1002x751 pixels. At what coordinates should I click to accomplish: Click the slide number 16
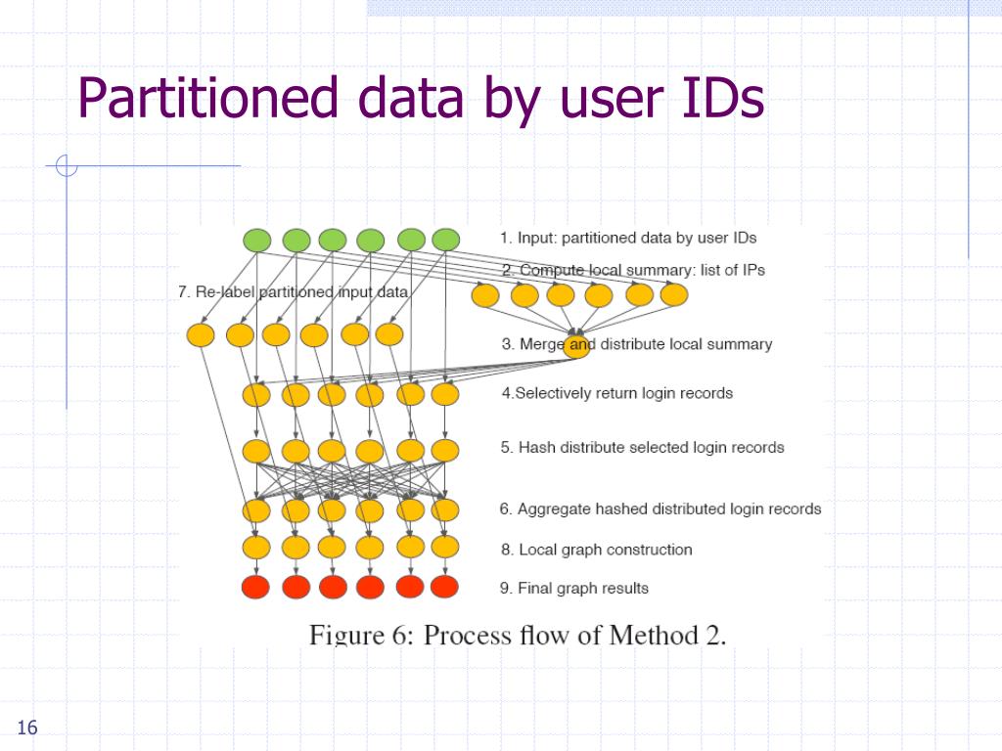(x=26, y=728)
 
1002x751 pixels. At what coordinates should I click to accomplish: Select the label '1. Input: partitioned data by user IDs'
(x=628, y=238)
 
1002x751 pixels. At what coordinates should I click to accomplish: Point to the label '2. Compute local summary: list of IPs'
(x=633, y=270)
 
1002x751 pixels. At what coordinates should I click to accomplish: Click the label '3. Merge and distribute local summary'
(x=637, y=344)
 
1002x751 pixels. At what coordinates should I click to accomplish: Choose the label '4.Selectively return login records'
(x=617, y=393)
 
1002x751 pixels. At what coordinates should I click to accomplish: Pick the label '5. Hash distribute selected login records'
(x=643, y=447)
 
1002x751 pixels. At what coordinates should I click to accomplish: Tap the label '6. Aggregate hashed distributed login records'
(x=660, y=508)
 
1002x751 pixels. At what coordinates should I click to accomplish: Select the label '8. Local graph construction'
(x=597, y=550)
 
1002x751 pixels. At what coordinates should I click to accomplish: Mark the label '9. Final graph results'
(x=574, y=588)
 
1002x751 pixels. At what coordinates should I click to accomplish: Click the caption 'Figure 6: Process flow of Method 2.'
(x=518, y=635)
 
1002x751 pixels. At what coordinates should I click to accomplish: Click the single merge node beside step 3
(x=577, y=345)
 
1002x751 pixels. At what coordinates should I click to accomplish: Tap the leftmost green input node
(x=256, y=240)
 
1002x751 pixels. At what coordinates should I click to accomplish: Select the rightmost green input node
(x=445, y=240)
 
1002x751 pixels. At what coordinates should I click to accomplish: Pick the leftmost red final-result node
(x=256, y=587)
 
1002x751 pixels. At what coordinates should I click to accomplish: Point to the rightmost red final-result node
(x=444, y=587)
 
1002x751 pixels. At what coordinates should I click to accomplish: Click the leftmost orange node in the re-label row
(x=201, y=335)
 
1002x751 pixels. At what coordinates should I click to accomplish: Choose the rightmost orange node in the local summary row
(x=674, y=294)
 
